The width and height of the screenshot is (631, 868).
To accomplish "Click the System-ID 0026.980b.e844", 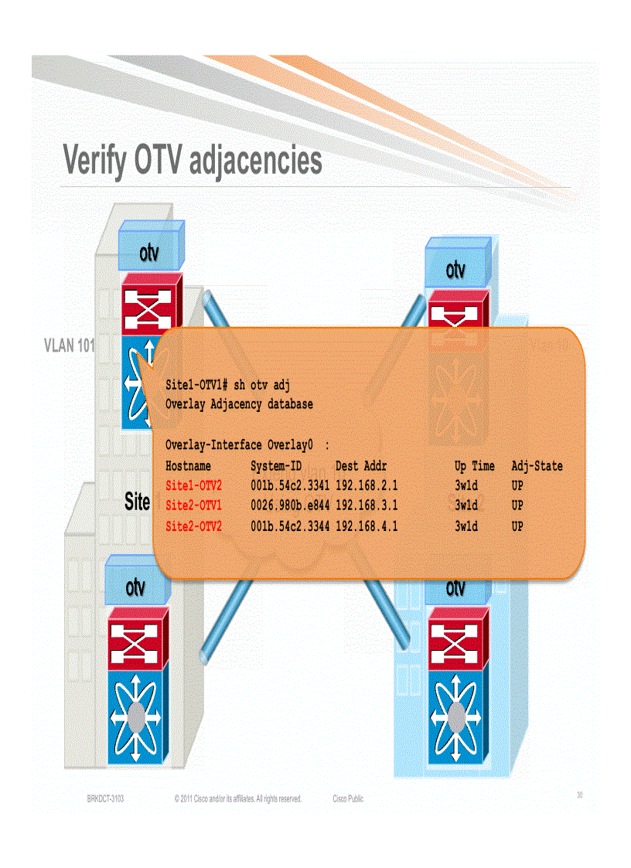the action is pyautogui.click(x=291, y=506).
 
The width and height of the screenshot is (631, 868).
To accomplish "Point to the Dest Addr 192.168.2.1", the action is pyautogui.click(x=367, y=486).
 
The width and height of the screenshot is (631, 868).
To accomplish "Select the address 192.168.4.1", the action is pyautogui.click(x=367, y=526).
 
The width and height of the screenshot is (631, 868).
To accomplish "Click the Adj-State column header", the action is pyautogui.click(x=537, y=466).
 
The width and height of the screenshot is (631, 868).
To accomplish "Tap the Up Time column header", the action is pyautogui.click(x=474, y=466).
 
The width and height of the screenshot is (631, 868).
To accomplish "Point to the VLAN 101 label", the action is pyautogui.click(x=70, y=345).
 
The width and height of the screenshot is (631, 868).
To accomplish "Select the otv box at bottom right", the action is pyautogui.click(x=455, y=589).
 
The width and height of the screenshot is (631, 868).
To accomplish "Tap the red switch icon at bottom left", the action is pyautogui.click(x=136, y=637).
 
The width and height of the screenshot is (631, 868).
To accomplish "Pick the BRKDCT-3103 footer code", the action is pyautogui.click(x=105, y=798).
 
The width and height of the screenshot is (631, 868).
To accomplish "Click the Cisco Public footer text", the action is pyautogui.click(x=348, y=798).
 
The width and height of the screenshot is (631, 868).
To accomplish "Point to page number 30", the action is pyautogui.click(x=580, y=795).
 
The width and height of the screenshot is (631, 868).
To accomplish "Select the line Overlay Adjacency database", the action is pyautogui.click(x=239, y=404).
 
